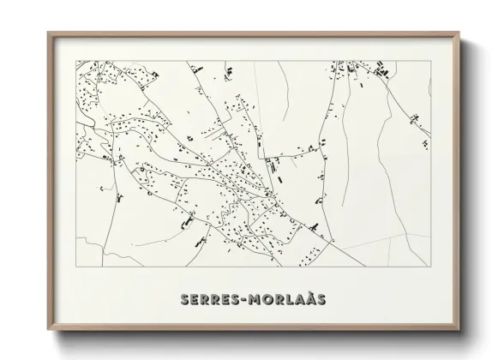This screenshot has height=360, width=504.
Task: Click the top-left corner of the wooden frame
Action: [48, 33]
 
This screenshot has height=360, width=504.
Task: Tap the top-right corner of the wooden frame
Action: [460, 33]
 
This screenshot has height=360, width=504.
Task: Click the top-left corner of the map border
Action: [77, 60]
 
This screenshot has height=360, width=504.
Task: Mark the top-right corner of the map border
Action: [431, 60]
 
